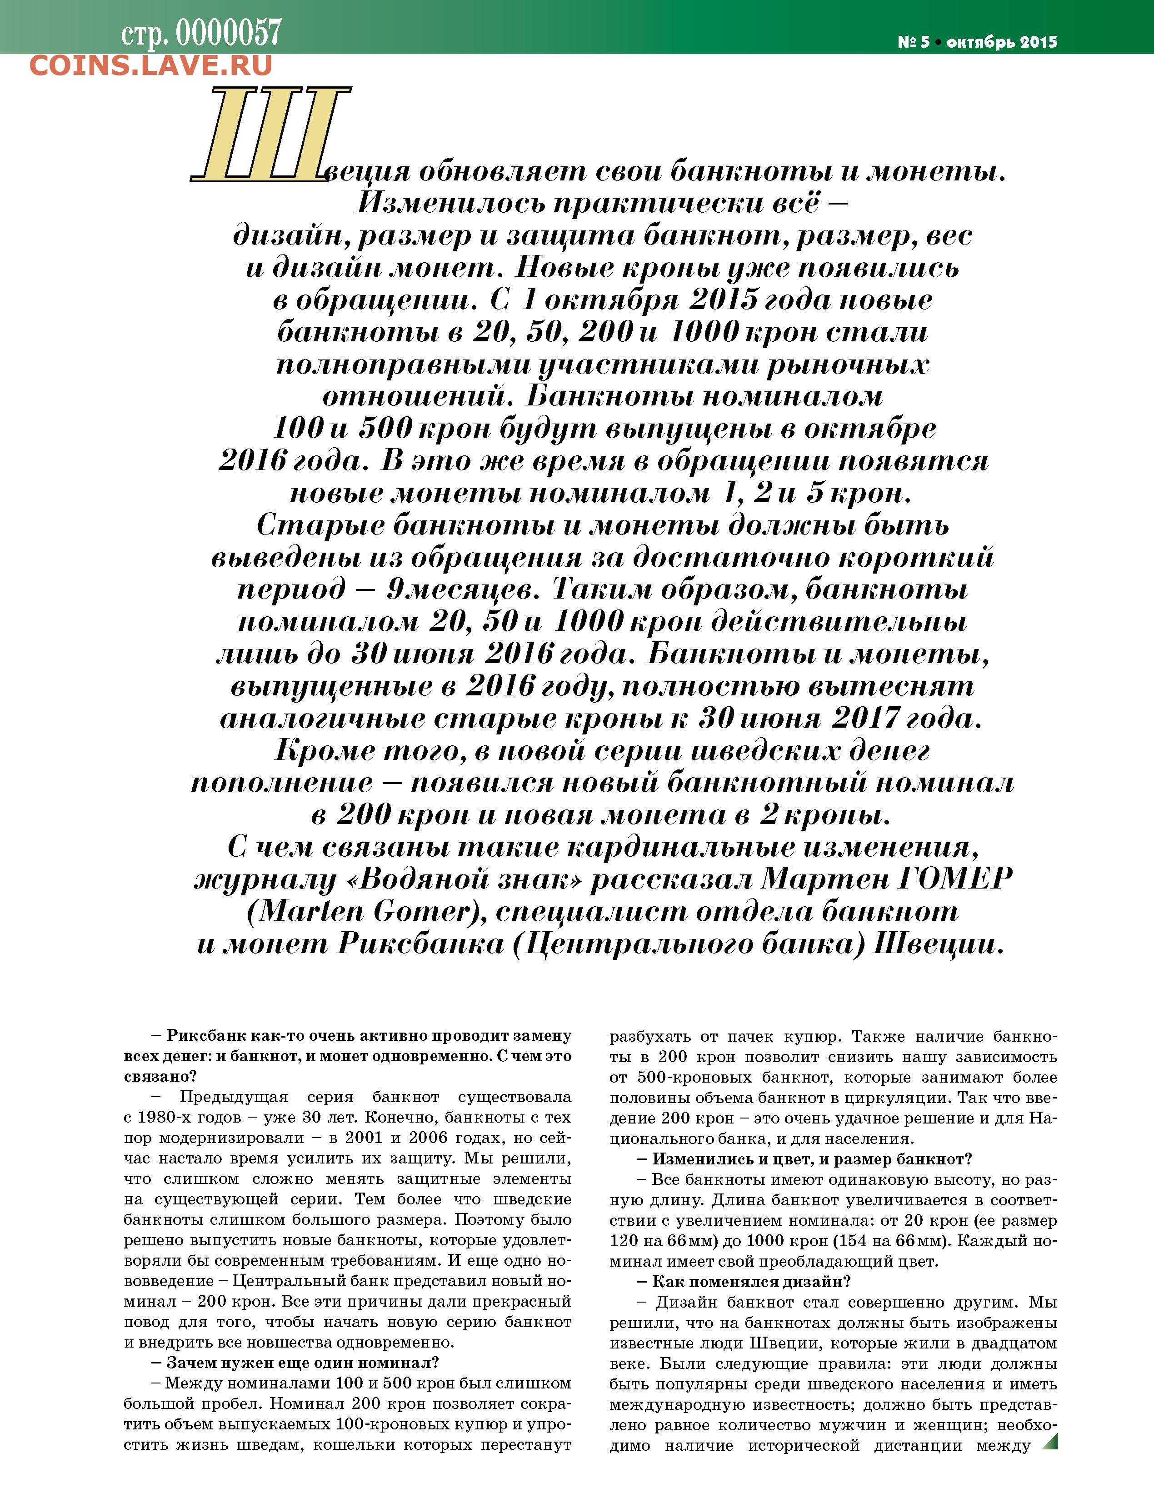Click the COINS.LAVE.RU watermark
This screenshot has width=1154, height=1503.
pos(151,66)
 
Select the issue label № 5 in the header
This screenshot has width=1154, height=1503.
pos(913,42)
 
